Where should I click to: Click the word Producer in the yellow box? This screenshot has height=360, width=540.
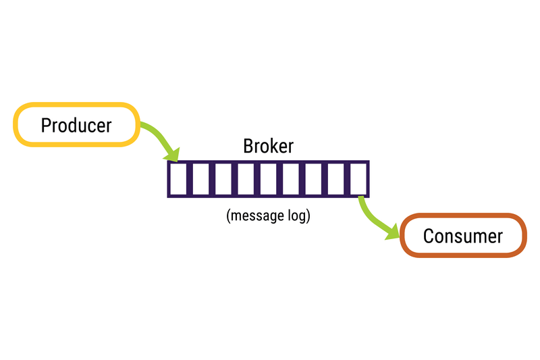[x=76, y=125]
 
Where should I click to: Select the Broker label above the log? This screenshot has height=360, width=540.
[x=268, y=147]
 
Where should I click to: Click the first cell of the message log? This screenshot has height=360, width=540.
[x=178, y=179]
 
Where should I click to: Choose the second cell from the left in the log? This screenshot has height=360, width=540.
[x=200, y=179]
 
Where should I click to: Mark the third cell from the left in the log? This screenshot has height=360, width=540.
[x=223, y=179]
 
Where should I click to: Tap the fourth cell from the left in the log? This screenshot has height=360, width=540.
[x=246, y=179]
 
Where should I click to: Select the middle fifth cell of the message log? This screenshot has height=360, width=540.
[x=268, y=179]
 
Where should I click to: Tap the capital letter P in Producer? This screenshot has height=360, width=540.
[x=46, y=125]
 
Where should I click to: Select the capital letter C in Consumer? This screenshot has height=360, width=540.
[x=429, y=236]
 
